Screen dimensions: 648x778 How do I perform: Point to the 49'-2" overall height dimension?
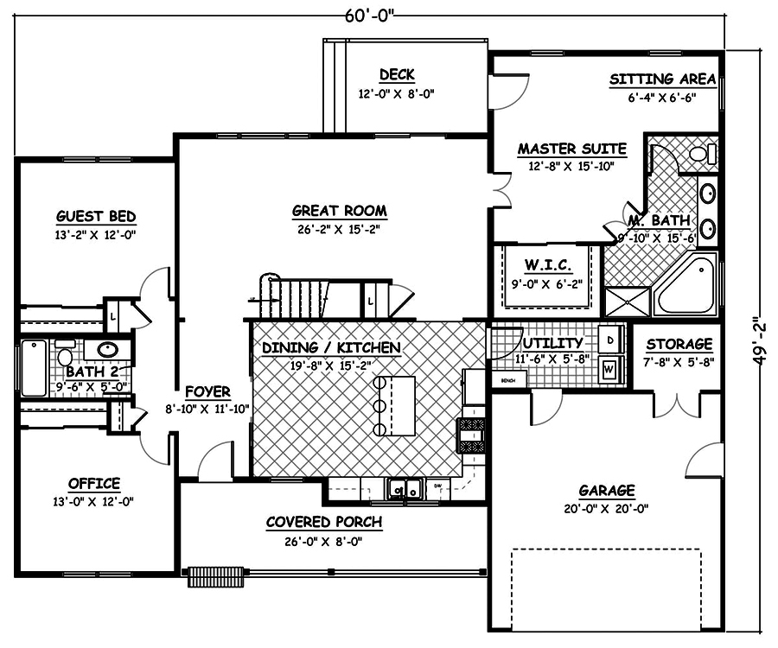tap(760, 317)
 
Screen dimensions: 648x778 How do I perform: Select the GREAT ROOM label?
tap(339, 211)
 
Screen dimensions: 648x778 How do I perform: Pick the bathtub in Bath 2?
tap(34, 367)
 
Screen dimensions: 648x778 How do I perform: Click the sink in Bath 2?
tap(108, 350)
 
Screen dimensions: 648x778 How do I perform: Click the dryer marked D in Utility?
tap(610, 336)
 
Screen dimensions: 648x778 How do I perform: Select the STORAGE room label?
tap(679, 344)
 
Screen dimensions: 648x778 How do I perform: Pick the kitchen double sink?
tap(404, 490)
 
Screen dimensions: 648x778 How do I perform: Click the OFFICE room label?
tap(94, 483)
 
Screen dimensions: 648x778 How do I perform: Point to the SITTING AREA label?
tap(662, 79)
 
